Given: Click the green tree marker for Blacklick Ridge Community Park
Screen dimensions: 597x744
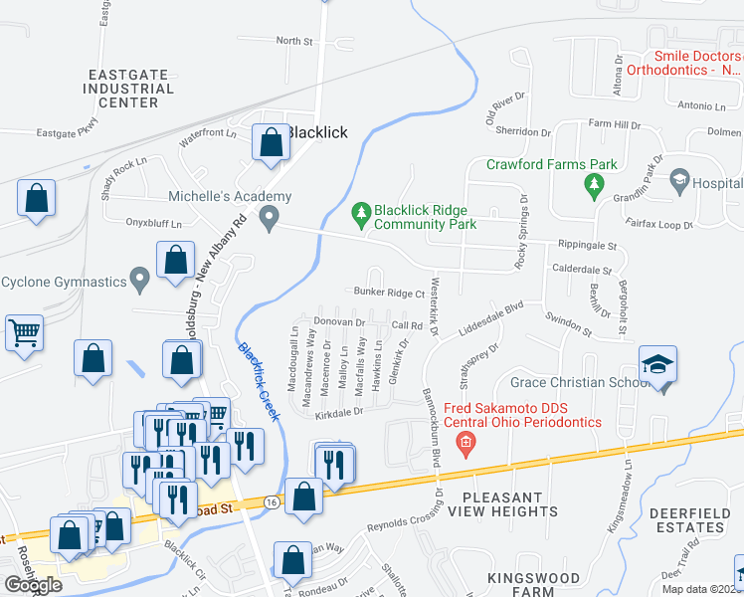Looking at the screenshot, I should pyautogui.click(x=360, y=212).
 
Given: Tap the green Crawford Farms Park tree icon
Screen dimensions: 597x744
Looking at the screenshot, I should pyautogui.click(x=595, y=183).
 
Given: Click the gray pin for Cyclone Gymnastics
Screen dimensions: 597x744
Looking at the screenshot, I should pyautogui.click(x=141, y=282).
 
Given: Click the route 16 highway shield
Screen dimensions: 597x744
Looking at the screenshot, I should pyautogui.click(x=272, y=502).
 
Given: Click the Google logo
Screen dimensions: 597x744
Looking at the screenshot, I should pyautogui.click(x=33, y=584).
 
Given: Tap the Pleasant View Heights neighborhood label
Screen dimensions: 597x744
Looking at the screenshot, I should pyautogui.click(x=502, y=504).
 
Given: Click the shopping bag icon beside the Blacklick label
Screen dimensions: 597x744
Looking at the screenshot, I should pyautogui.click(x=270, y=143).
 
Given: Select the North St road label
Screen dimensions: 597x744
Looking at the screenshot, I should pyautogui.click(x=294, y=41).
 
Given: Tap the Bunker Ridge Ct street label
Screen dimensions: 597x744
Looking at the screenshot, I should pyautogui.click(x=390, y=294).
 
